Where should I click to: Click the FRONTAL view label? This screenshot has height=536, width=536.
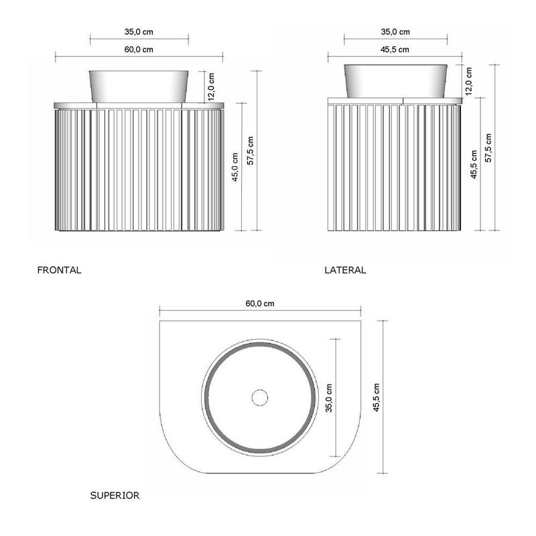[x=60, y=271]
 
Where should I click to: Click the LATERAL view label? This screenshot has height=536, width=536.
[x=345, y=271]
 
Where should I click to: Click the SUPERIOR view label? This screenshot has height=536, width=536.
[x=115, y=496]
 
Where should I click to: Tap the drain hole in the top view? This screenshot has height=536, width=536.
[x=259, y=397]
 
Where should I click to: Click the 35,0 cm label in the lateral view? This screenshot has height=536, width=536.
[x=395, y=31]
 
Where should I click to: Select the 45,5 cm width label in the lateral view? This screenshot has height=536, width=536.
[x=395, y=50]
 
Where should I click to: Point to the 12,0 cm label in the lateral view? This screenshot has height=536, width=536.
[x=468, y=80]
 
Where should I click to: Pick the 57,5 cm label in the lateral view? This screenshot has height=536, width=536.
[x=489, y=147]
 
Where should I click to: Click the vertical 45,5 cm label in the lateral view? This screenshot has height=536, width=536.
[x=473, y=165]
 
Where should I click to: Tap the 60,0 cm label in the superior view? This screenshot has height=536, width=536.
[x=260, y=304]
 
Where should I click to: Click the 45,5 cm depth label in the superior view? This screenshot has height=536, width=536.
[x=377, y=397]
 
